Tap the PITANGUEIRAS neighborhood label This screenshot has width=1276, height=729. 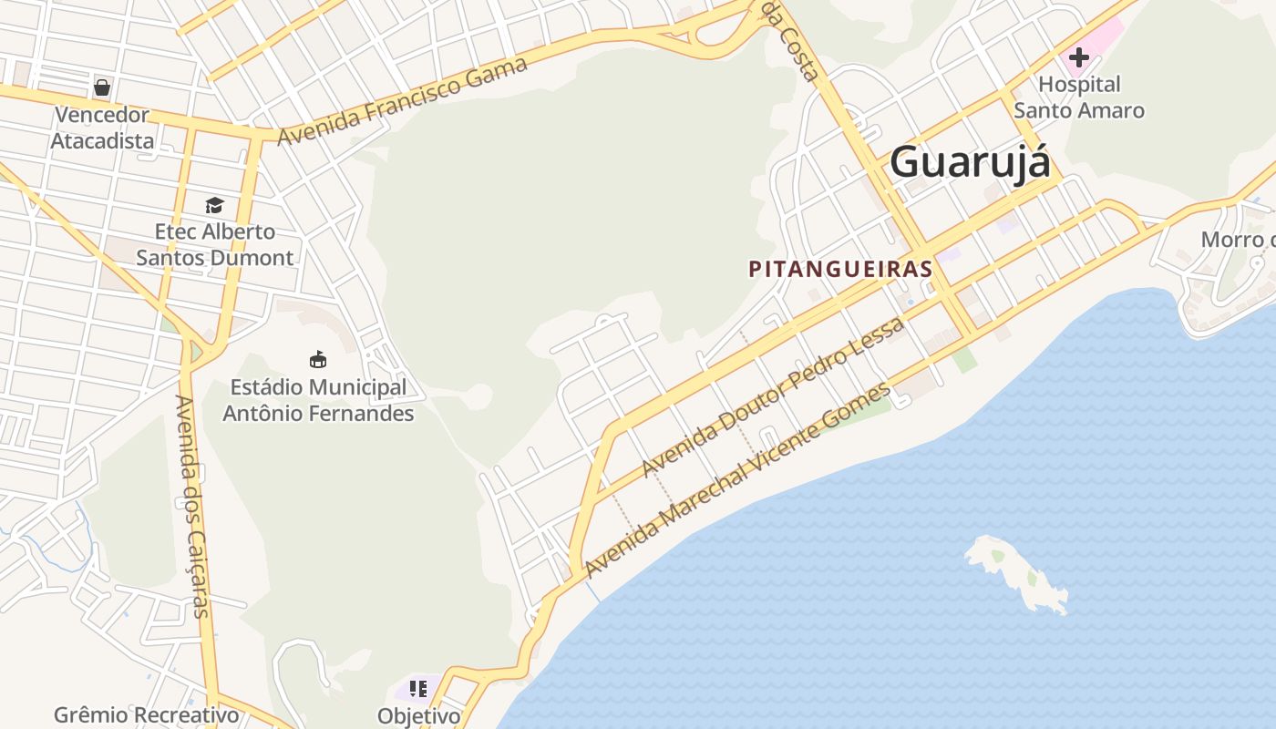coord(840,269)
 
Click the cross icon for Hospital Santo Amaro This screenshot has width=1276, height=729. coord(1079,57)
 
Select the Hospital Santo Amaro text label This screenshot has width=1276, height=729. coord(1079,98)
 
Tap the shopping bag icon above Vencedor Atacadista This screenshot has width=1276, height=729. coord(102,87)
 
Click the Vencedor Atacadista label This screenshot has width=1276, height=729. coord(101,128)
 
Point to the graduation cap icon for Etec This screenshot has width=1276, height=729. coord(214,205)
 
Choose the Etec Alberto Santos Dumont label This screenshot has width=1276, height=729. coord(215,244)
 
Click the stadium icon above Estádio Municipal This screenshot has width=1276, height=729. coord(318,360)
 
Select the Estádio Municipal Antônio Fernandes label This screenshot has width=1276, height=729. coord(318,400)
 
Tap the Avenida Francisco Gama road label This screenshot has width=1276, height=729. coord(403,100)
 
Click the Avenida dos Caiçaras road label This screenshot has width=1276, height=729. coord(193,506)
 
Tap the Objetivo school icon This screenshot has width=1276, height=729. coord(418,689)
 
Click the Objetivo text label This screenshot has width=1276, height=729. coord(419,715)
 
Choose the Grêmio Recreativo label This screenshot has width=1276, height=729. coord(147,714)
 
